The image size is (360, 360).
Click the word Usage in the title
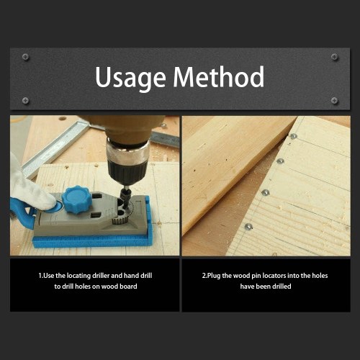pyautogui.click(x=130, y=78)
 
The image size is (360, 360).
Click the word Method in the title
pyautogui.click(x=219, y=76)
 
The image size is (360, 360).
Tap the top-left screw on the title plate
pyautogui.click(x=25, y=57)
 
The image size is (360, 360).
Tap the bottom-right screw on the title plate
pyautogui.click(x=334, y=100)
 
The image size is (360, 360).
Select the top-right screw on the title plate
pyautogui.click(x=334, y=57)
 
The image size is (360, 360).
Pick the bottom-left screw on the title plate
pyautogui.click(x=25, y=100)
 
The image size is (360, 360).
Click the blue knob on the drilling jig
pyautogui.click(x=76, y=199)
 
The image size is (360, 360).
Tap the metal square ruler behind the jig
pyautogui.click(x=56, y=146)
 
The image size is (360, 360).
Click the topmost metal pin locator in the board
pyautogui.click(x=293, y=136)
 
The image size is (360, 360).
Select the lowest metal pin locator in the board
pyautogui.click(x=248, y=226)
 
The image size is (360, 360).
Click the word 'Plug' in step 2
pyautogui.click(x=214, y=276)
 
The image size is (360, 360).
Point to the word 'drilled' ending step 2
pyautogui.click(x=282, y=286)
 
